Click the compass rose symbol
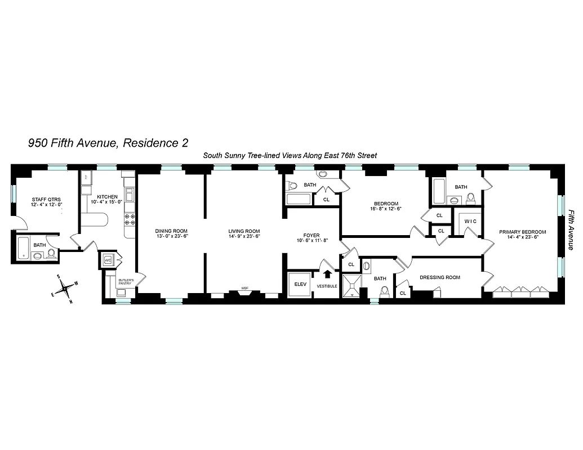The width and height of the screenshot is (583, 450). pos(66,289)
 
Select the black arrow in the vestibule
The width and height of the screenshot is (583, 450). pos(327,274)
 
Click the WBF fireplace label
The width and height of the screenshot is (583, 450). pos(245,289)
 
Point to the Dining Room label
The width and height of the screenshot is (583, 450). pos(171,231)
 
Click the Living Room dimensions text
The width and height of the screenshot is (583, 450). pos(244,237)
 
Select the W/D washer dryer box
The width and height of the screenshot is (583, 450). pos(108,260)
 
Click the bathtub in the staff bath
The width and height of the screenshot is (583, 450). pos(23,249)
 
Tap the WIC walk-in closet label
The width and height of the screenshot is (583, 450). pos(470,221)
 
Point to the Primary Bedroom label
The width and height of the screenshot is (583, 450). pos(522,231)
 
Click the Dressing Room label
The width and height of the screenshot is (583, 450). pos(440,277)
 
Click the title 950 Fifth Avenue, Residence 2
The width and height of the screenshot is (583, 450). pos(108,143)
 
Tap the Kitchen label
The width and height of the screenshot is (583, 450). pos(107,197)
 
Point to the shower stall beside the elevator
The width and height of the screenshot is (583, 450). pos(351,285)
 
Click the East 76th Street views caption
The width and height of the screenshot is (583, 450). pos(290,155)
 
